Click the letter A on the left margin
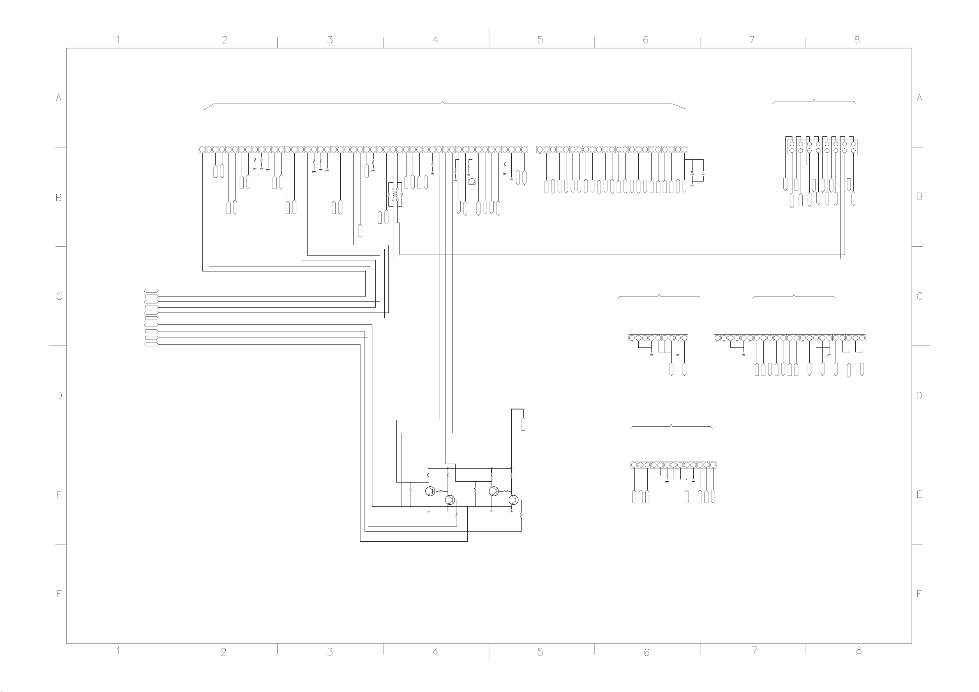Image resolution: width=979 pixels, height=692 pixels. (59, 98)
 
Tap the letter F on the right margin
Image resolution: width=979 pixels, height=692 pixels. (919, 593)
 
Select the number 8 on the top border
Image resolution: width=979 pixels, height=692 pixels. (857, 40)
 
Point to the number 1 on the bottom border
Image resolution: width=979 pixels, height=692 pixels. (118, 651)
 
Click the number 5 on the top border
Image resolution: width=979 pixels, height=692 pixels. (540, 40)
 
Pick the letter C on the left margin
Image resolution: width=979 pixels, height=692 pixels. (59, 296)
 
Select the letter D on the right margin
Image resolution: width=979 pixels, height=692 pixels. (919, 395)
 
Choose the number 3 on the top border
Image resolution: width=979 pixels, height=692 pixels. (330, 40)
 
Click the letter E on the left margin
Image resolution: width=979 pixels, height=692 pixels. (59, 495)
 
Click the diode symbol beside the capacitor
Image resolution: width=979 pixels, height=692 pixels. (692, 173)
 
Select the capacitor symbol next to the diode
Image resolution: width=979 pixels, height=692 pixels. (703, 173)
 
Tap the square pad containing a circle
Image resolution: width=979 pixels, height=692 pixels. (472, 182)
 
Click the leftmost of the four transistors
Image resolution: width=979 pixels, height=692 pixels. (430, 491)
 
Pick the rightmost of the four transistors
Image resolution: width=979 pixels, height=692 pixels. (513, 500)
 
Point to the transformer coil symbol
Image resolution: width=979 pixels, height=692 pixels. (395, 195)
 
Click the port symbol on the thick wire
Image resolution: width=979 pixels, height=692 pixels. (523, 425)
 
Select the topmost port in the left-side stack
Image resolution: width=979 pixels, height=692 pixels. (151, 291)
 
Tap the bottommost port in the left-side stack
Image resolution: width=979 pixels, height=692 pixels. (151, 344)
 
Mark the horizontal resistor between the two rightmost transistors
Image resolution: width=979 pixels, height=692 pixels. (506, 491)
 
